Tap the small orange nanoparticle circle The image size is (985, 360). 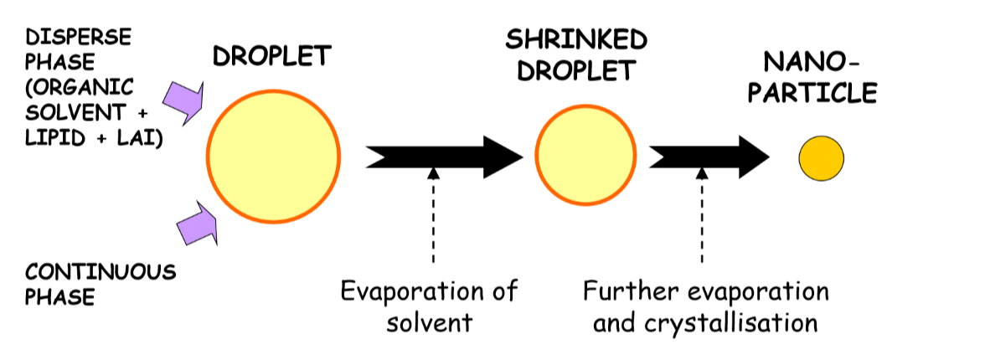click(820, 157)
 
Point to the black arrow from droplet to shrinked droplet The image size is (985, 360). click(444, 156)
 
